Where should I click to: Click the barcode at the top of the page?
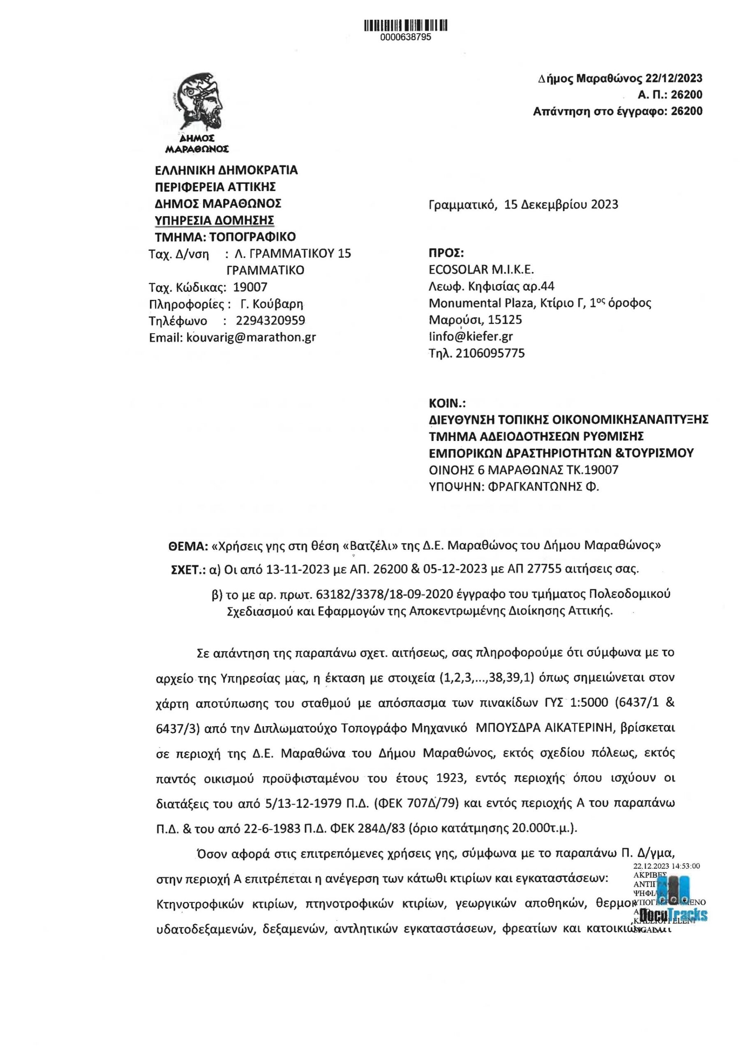[x=406, y=25]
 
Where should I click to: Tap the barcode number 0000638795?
[x=406, y=37]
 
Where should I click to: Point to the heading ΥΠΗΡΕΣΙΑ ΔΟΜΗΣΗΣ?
[x=215, y=220]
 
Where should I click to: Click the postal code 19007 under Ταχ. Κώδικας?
[x=250, y=287]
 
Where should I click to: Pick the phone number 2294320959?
[x=270, y=320]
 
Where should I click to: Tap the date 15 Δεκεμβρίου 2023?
[x=561, y=204]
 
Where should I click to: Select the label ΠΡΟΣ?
[x=446, y=254]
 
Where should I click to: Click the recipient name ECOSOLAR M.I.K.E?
[x=481, y=270]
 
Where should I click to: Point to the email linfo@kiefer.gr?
[x=470, y=336]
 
